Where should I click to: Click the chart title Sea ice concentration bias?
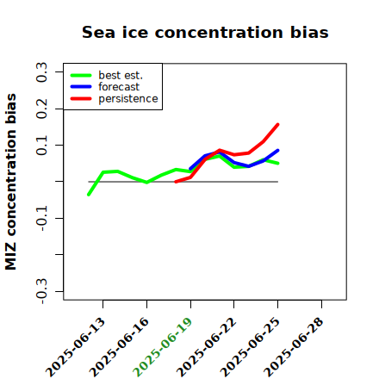(x=205, y=33)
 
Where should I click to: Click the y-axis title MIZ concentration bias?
(x=11, y=182)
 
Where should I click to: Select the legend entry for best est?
(x=107, y=75)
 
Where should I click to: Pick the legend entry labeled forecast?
(x=105, y=87)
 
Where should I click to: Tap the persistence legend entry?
(x=114, y=99)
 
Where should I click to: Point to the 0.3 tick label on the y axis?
(x=41, y=72)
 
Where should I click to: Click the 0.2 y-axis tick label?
(x=41, y=109)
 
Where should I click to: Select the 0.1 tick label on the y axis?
(x=41, y=146)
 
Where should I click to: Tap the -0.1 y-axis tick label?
(x=41, y=218)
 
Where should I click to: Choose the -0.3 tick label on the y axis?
(x=41, y=291)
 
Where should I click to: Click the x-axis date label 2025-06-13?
(x=75, y=347)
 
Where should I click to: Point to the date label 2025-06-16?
(x=119, y=347)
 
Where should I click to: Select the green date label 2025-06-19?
(x=163, y=347)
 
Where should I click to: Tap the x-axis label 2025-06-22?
(x=207, y=347)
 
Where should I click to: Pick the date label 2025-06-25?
(x=250, y=347)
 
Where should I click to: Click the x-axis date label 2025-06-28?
(x=294, y=347)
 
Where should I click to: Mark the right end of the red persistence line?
(x=278, y=124)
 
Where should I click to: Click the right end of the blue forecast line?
(x=278, y=150)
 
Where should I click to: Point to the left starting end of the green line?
(x=89, y=195)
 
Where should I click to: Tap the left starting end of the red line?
(x=176, y=182)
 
